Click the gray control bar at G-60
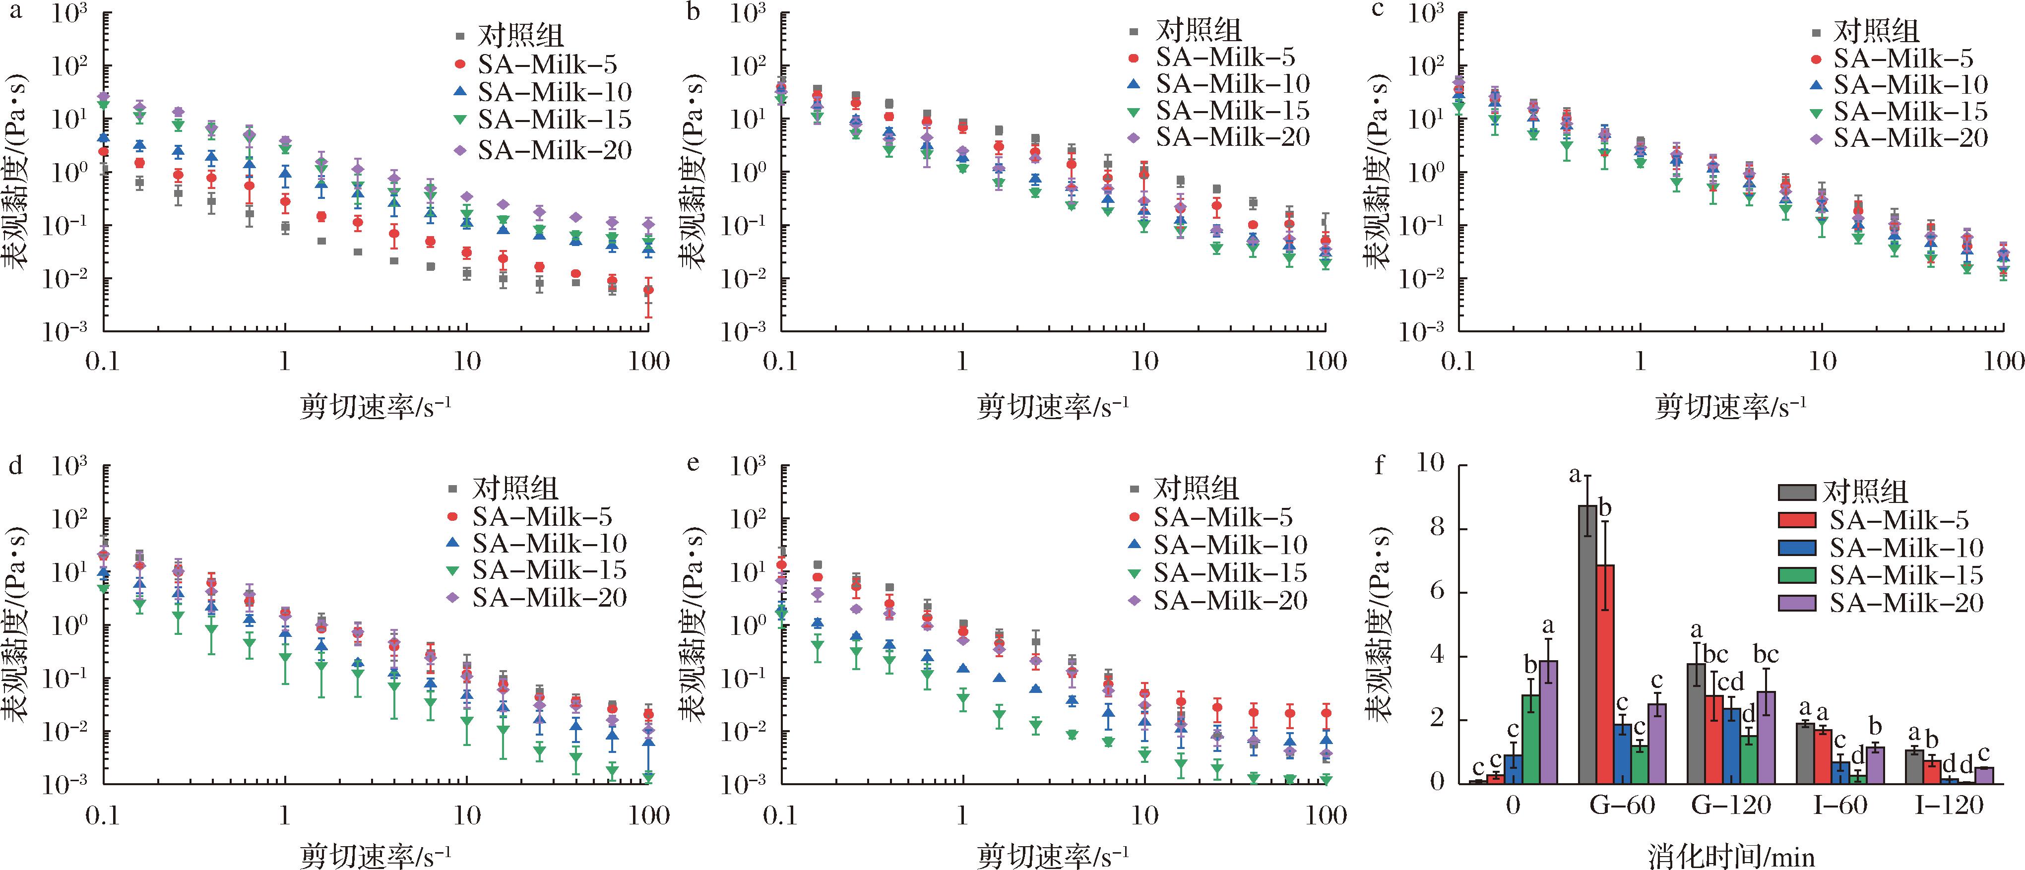point(1588,644)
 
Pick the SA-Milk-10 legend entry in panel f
point(1905,548)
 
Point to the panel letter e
point(693,464)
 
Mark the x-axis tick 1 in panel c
point(1640,362)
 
